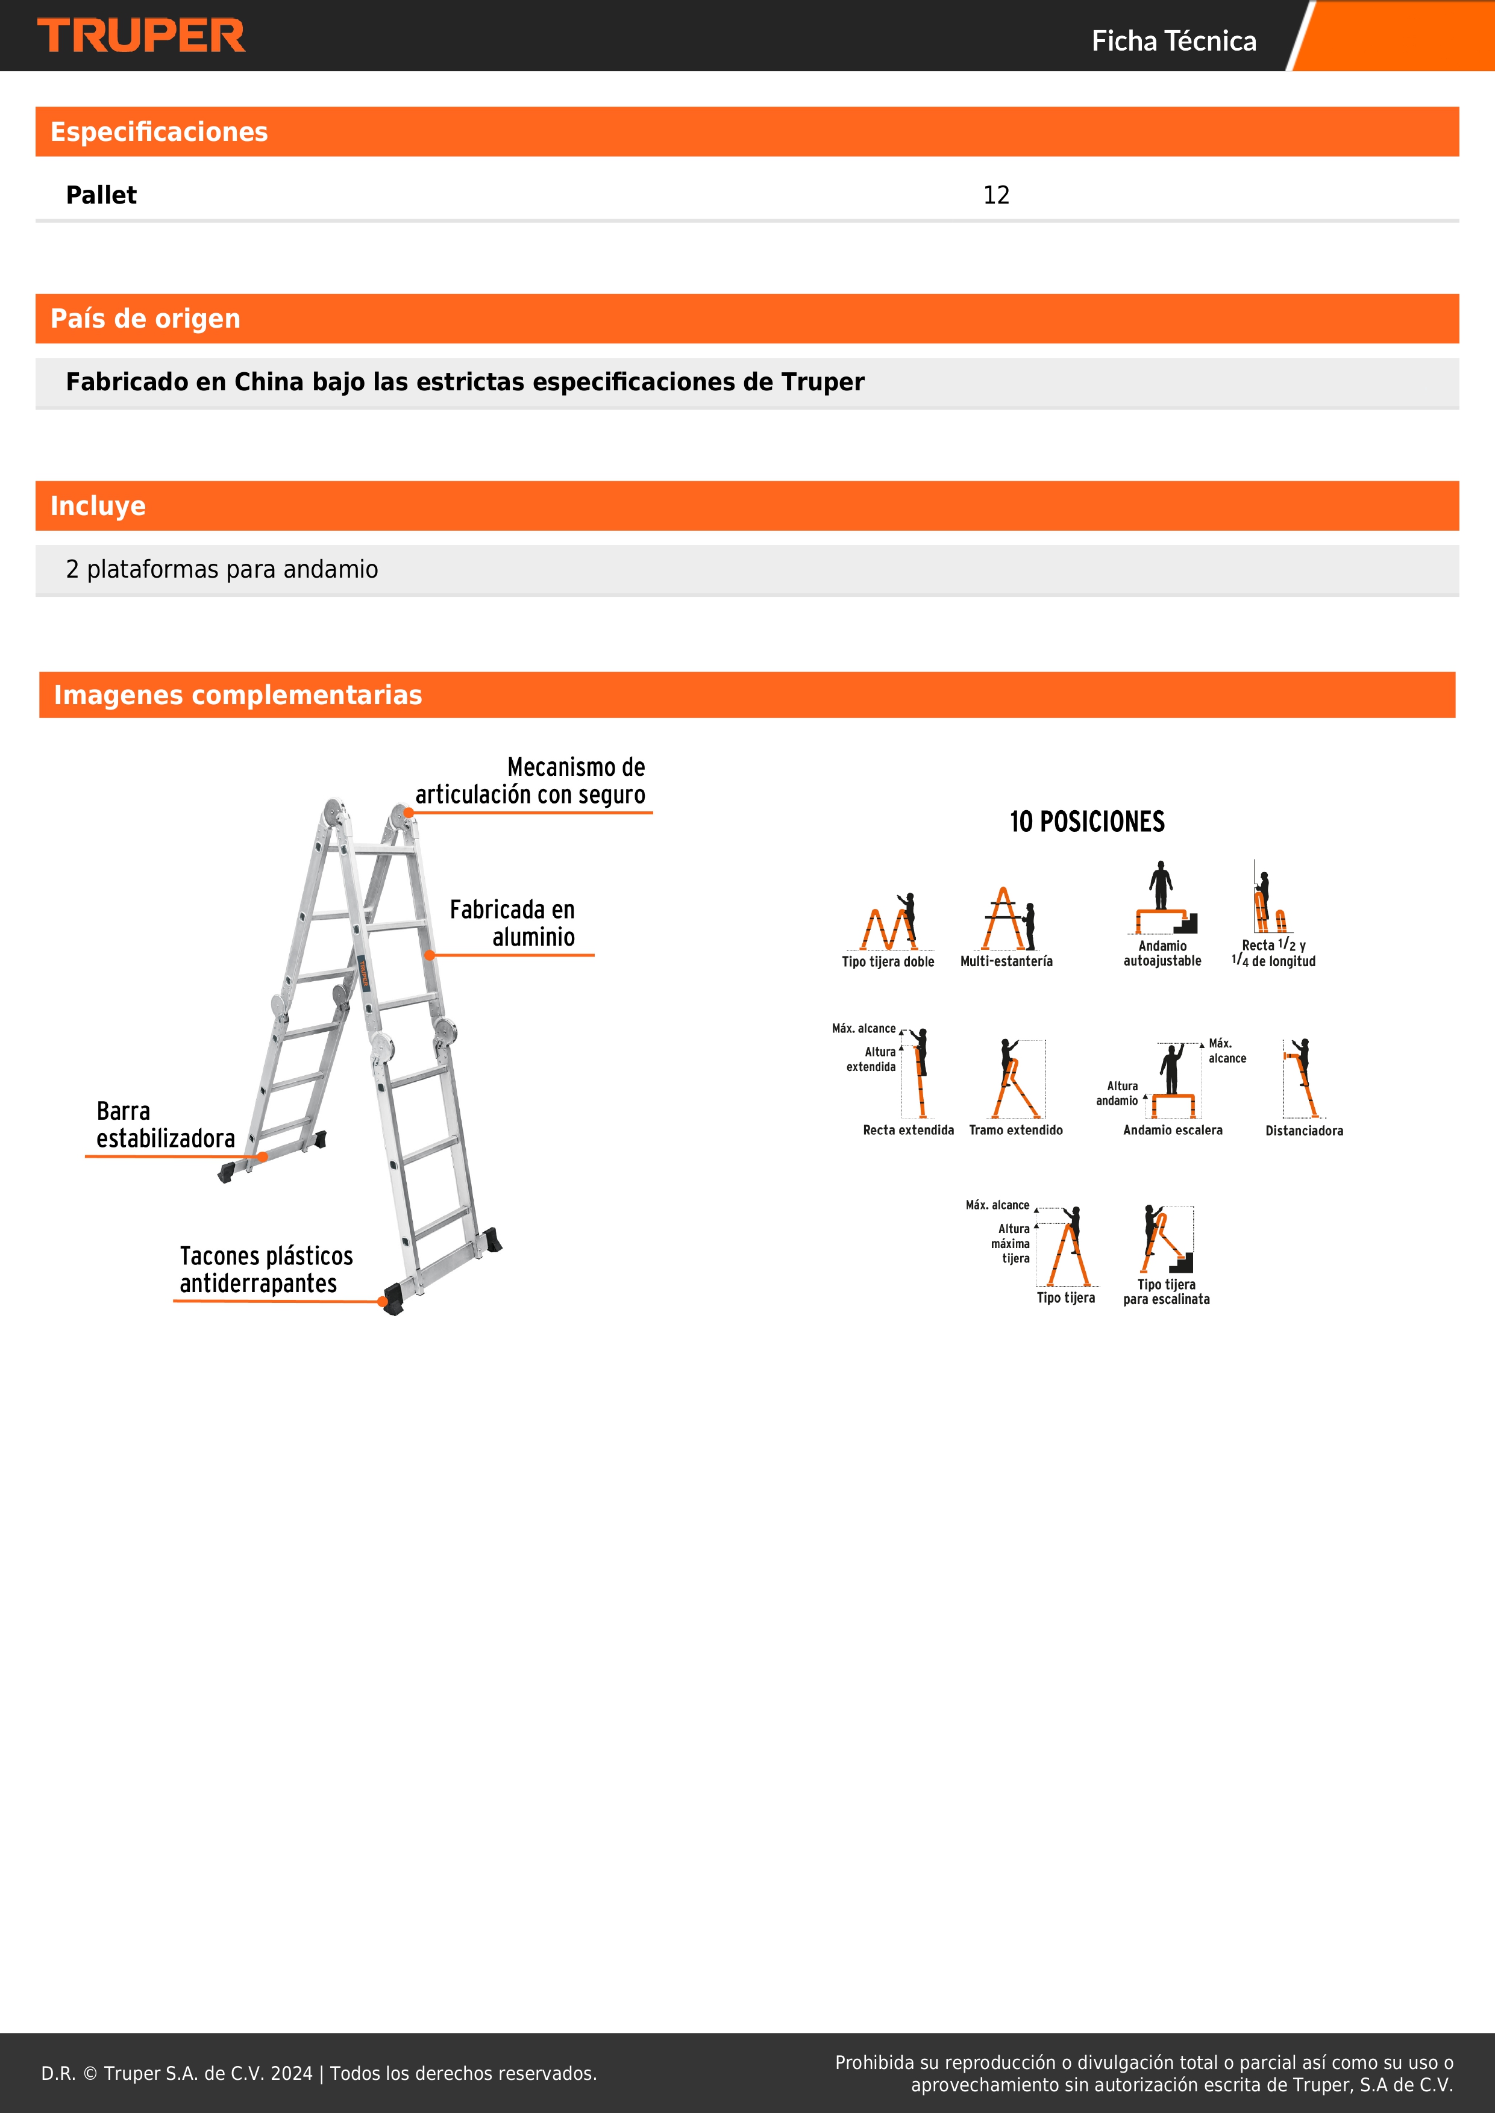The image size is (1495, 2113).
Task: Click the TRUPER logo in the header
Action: coord(141,36)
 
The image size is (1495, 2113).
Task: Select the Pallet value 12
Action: coord(996,195)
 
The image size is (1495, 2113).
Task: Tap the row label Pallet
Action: coord(101,195)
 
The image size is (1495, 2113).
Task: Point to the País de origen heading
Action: coord(145,319)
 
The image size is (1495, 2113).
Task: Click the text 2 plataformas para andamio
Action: coord(222,570)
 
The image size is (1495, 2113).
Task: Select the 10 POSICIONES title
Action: coord(1086,822)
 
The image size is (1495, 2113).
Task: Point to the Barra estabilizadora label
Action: coord(164,1125)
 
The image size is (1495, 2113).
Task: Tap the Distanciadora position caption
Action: coord(1303,1131)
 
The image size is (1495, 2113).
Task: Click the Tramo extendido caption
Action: coord(1015,1130)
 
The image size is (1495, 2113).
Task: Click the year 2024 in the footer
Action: coord(292,2073)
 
